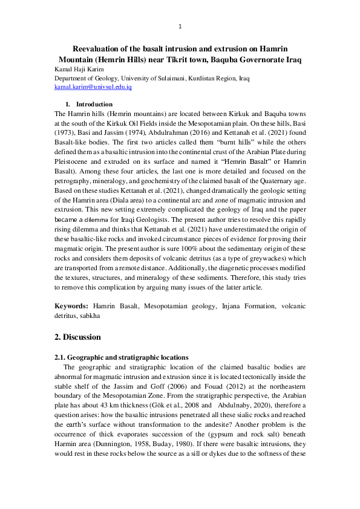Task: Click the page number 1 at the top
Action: (180, 26)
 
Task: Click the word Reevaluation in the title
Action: (100, 48)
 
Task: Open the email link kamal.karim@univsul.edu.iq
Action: (93, 87)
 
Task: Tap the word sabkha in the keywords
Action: (88, 316)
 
